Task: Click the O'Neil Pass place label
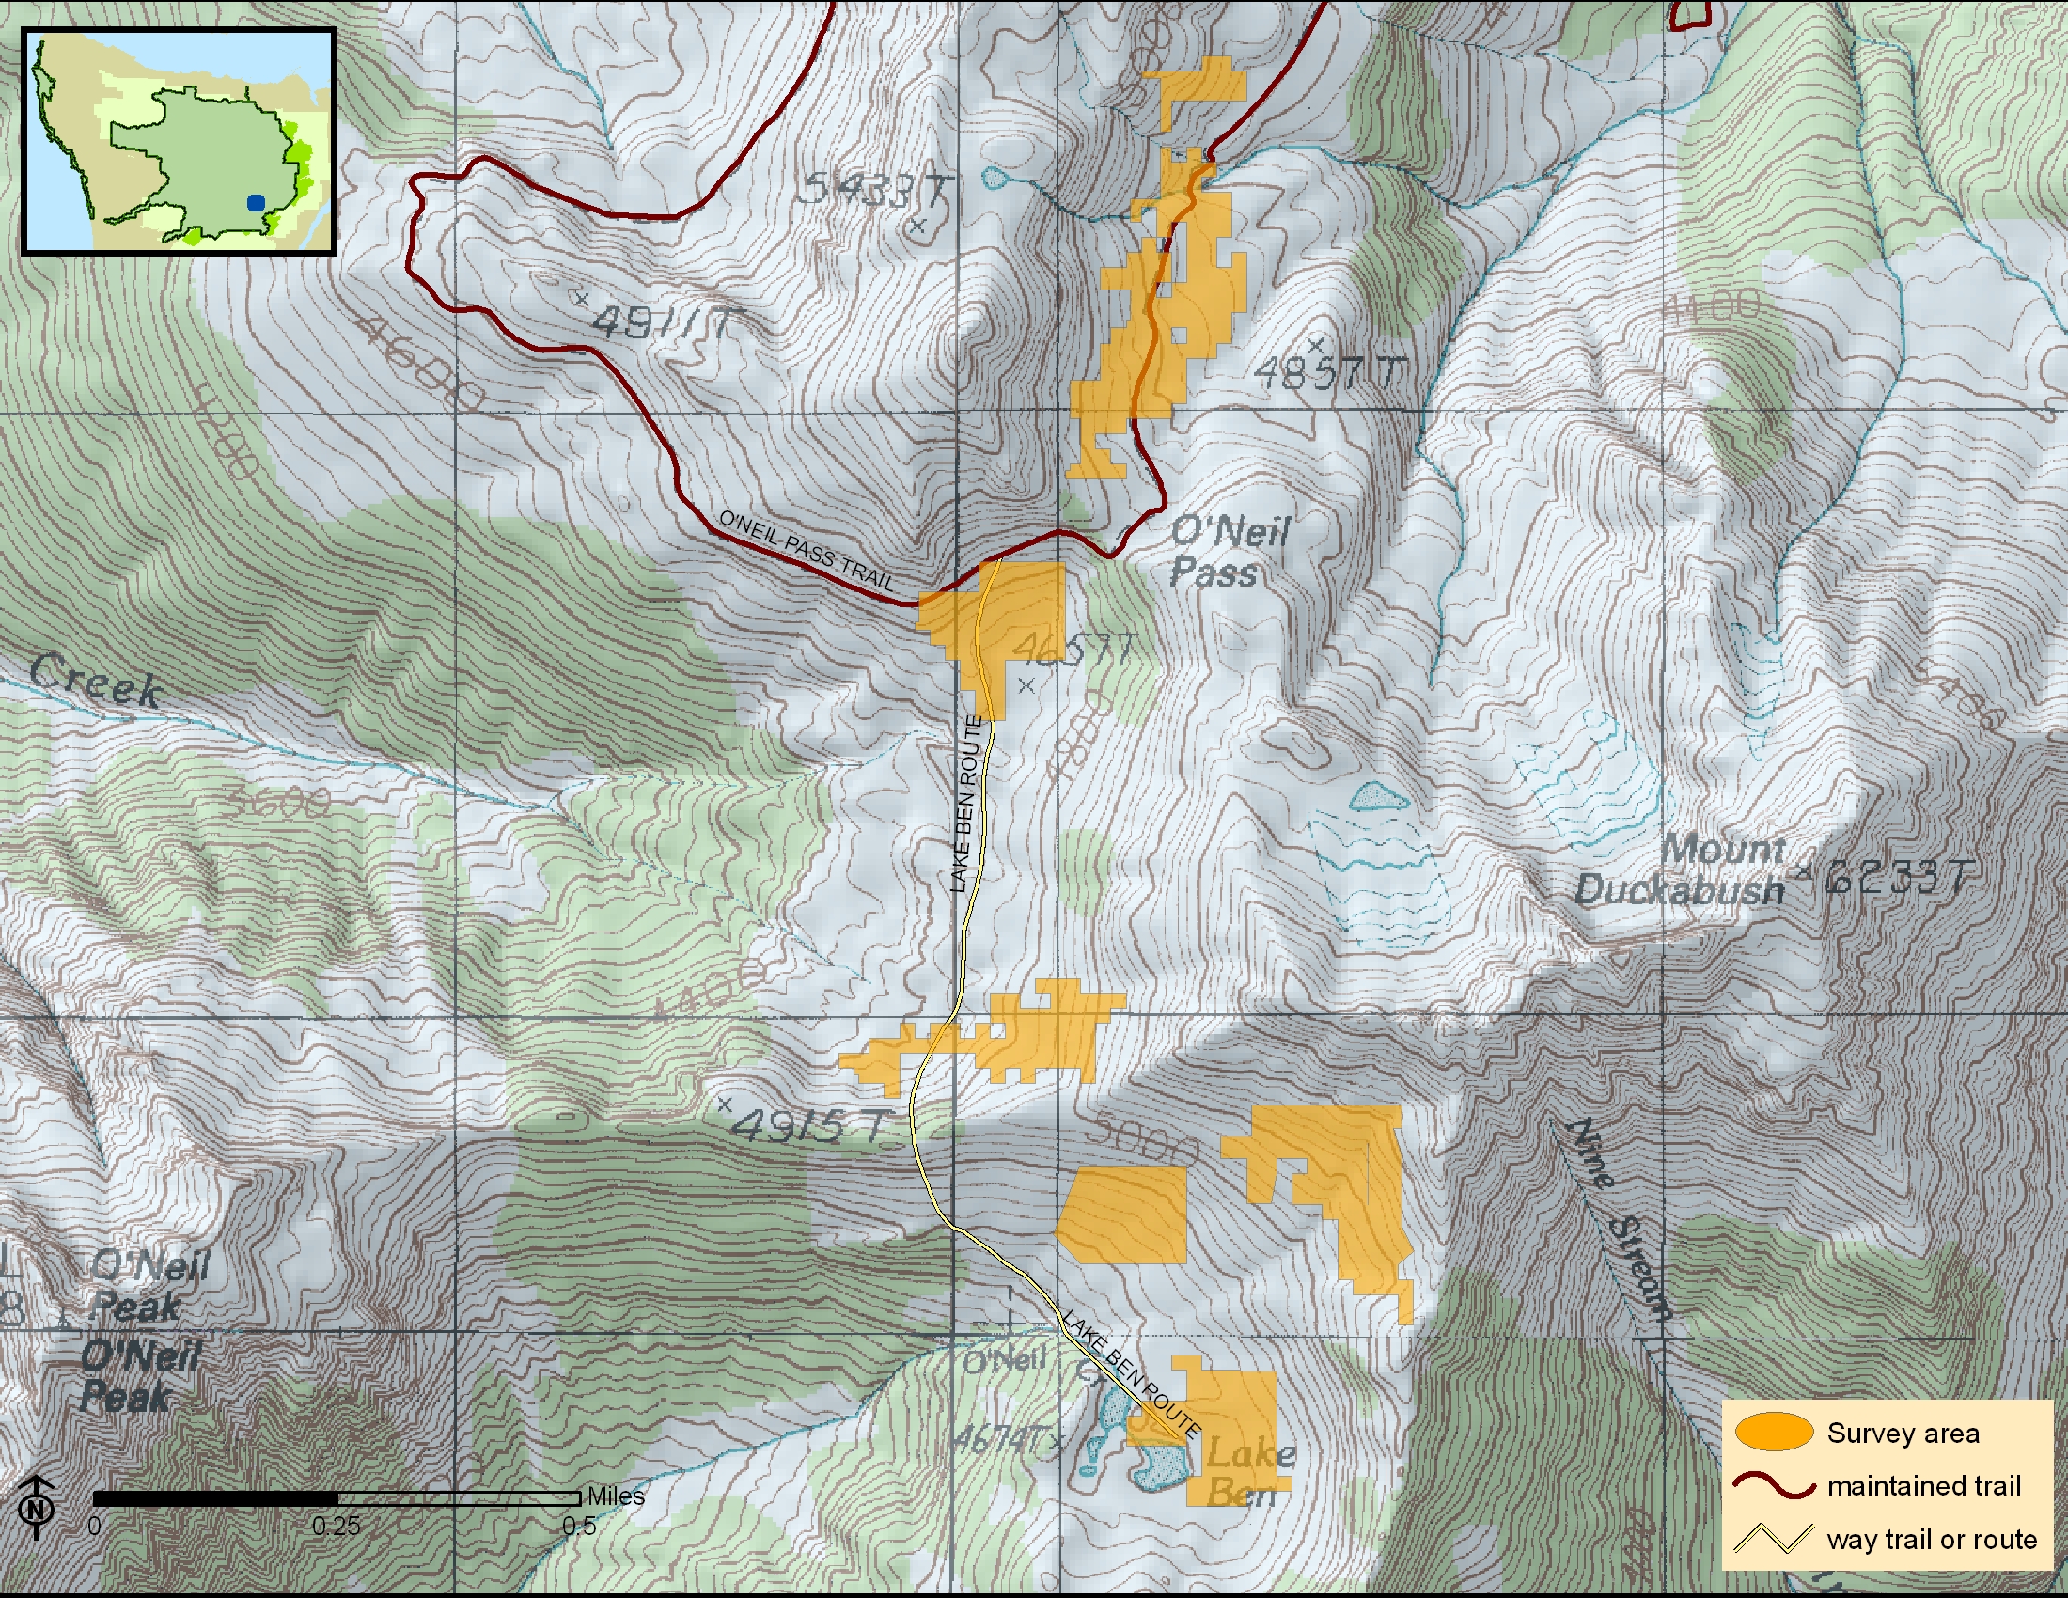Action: (1230, 552)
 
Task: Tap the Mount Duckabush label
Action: (1681, 869)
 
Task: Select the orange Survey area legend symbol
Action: (1773, 1433)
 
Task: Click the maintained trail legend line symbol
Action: (1773, 1485)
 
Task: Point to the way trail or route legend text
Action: (1931, 1539)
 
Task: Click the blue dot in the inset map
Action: (256, 202)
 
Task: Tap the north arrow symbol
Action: (37, 1506)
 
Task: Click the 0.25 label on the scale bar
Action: (337, 1526)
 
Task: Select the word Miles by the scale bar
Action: (616, 1496)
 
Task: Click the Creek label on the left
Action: (95, 680)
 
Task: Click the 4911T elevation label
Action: (663, 322)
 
